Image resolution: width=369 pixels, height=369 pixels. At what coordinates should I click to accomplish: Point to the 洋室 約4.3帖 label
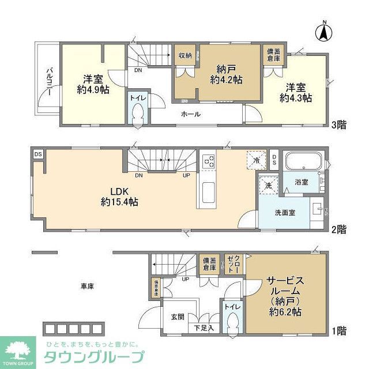tap(296, 92)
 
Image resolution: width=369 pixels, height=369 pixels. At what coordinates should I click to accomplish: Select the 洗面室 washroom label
tap(285, 212)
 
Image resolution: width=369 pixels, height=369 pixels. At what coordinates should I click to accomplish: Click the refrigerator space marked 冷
tap(256, 160)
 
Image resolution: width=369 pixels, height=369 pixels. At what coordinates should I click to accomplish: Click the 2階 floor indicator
tap(339, 229)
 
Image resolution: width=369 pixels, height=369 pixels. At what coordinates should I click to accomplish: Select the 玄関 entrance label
tap(177, 316)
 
